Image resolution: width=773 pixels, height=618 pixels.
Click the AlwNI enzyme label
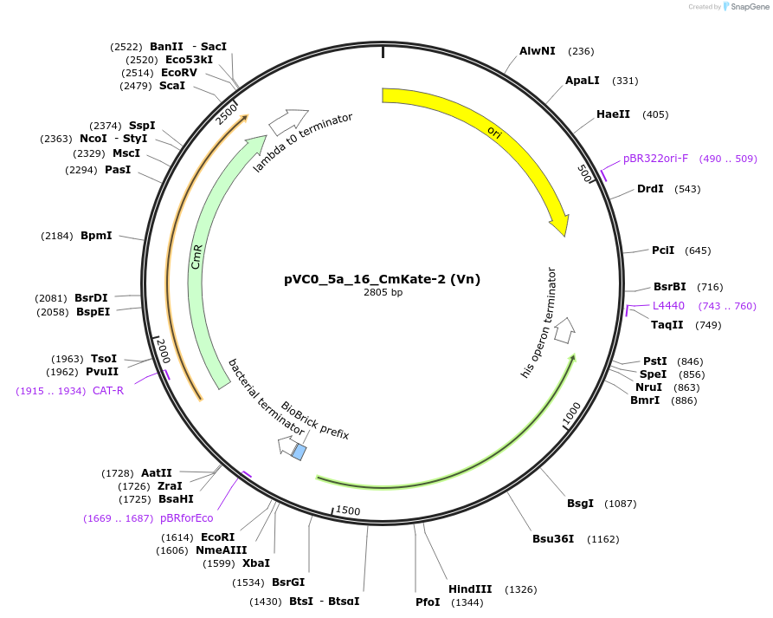[x=537, y=51]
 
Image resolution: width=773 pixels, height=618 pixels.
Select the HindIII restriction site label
[x=470, y=589]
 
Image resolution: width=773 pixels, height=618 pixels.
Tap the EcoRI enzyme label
[x=217, y=537]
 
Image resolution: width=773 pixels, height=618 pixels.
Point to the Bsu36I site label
[x=553, y=539]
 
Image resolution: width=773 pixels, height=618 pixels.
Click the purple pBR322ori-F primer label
[x=655, y=159]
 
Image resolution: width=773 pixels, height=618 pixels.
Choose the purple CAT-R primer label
[x=108, y=391]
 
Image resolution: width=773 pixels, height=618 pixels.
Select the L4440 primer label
[x=668, y=305]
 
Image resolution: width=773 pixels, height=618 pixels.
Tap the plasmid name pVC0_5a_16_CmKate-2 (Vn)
[x=382, y=279]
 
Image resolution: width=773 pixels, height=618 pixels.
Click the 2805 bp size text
[x=383, y=293]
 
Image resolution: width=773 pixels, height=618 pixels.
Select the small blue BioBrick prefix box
[x=300, y=452]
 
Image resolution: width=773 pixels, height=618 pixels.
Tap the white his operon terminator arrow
[x=564, y=329]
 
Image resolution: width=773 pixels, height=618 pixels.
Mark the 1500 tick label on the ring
[x=347, y=511]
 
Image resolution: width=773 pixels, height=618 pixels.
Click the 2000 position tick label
[x=163, y=351]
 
